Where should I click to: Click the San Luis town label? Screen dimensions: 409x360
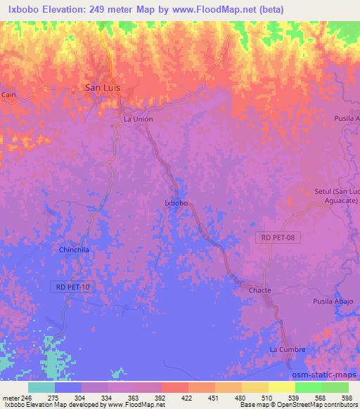(x=100, y=88)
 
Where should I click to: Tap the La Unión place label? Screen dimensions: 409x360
(x=138, y=119)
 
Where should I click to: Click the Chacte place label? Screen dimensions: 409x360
(x=259, y=290)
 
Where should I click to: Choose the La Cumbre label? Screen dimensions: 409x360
(x=287, y=349)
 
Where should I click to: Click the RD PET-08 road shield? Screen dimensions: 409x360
(x=278, y=238)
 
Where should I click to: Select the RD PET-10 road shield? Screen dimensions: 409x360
(x=72, y=287)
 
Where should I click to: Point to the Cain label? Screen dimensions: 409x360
(x=8, y=93)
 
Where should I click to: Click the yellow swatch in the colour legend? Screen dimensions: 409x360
(x=281, y=387)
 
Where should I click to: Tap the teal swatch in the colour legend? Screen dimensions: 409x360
(x=41, y=387)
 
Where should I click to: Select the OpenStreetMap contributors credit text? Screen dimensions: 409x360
(x=311, y=405)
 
